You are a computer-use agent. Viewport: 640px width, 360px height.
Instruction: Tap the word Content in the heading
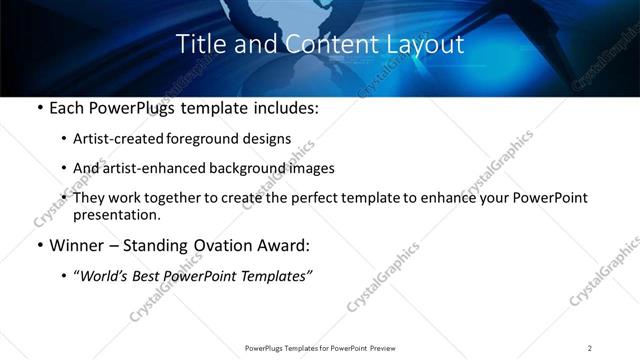pos(323,45)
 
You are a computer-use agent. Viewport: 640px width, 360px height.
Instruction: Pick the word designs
pos(269,139)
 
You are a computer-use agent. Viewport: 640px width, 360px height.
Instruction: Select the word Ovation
pos(222,244)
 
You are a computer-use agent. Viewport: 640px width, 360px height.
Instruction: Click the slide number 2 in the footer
pos(590,348)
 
